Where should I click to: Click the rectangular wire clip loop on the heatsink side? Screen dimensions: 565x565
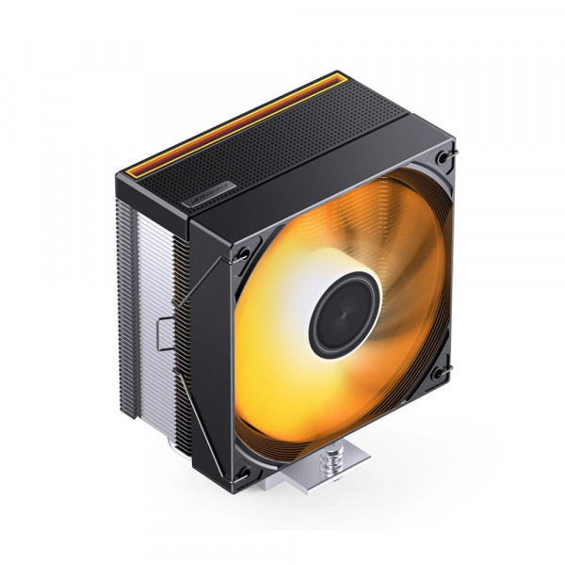pos(162,331)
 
